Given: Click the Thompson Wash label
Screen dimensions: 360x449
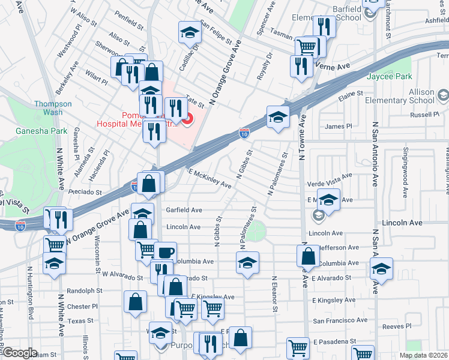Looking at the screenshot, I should tap(53, 108).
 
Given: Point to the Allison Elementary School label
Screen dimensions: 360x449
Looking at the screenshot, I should tap(412, 96).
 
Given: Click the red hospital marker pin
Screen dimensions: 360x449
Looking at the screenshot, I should tap(187, 119).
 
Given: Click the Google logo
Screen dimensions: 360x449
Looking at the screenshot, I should tap(20, 353).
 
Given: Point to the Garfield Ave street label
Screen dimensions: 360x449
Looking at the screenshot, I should tap(184, 210).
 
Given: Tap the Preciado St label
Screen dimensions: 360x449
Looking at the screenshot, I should tap(85, 193).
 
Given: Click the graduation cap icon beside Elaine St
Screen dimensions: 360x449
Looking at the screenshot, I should tap(278, 117).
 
